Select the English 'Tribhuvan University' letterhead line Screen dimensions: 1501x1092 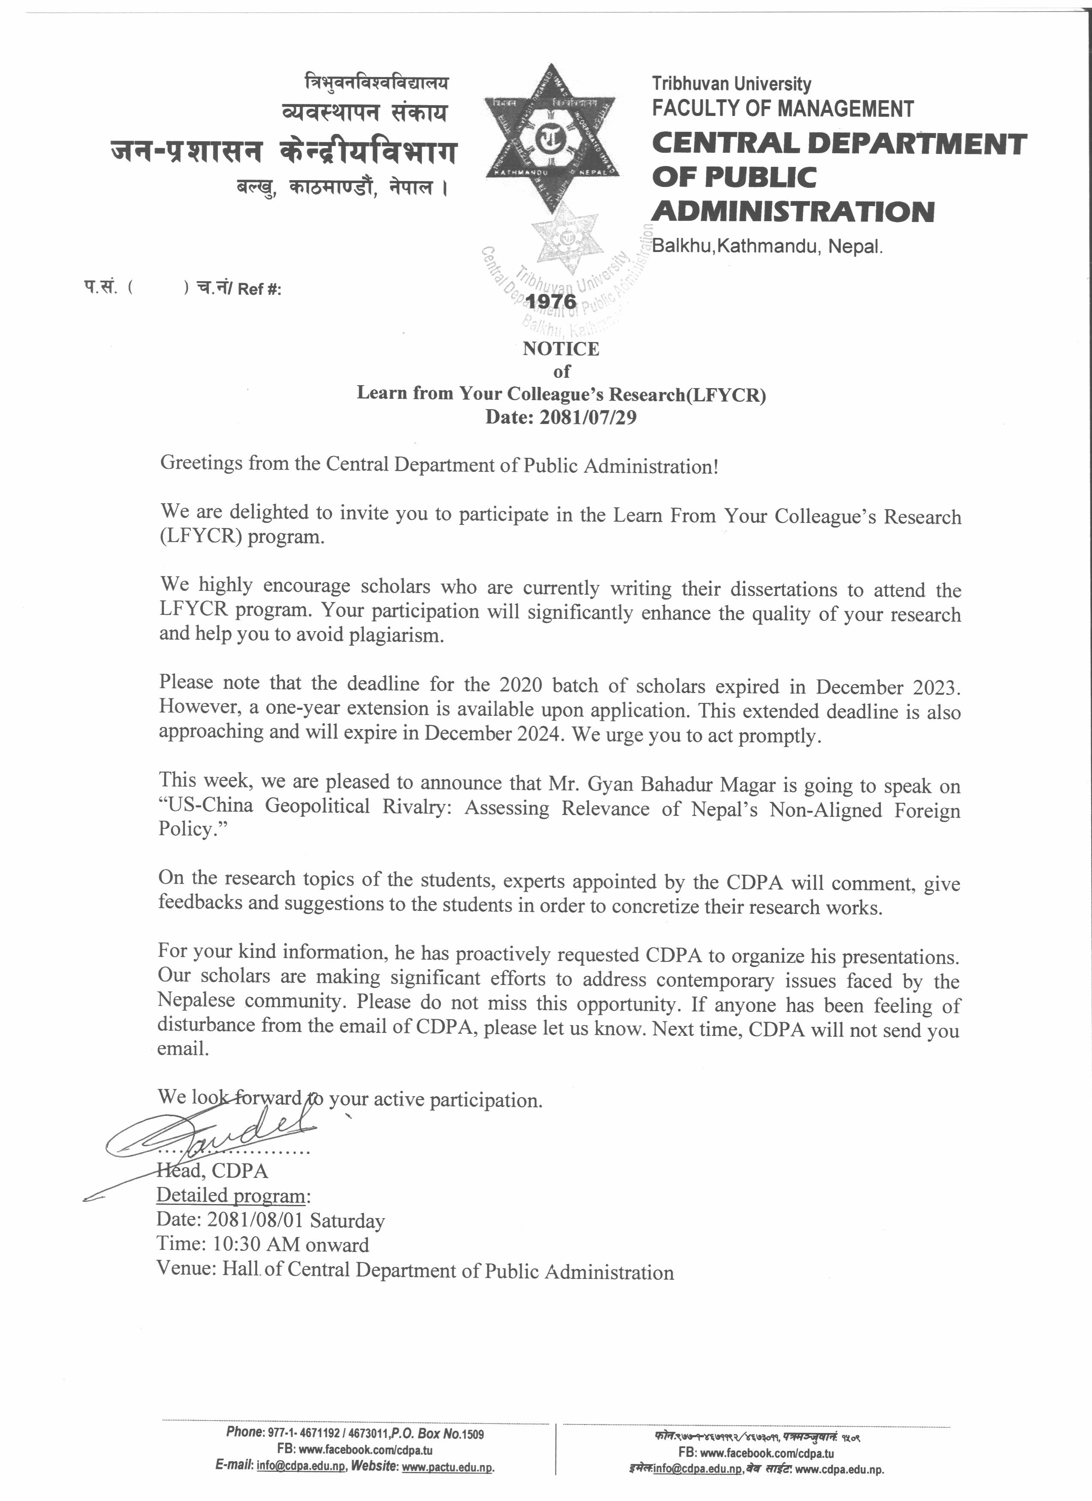point(731,84)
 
